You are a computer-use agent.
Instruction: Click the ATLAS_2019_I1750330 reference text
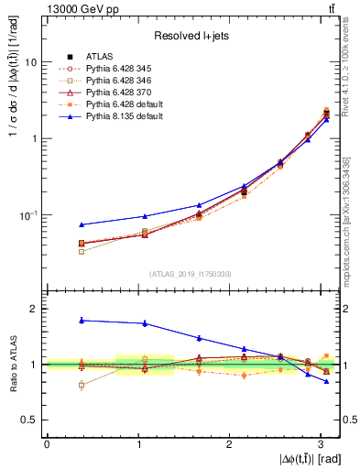pyautogui.click(x=191, y=274)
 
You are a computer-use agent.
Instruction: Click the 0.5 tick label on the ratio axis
pyautogui.click(x=30, y=420)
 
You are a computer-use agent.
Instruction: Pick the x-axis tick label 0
pyautogui.click(x=47, y=443)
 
